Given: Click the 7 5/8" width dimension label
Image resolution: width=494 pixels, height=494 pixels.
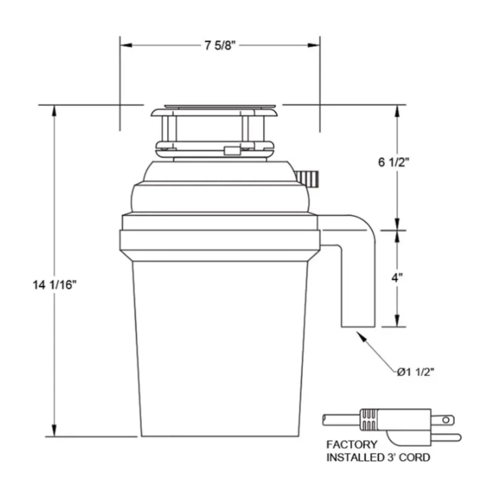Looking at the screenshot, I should (221, 45).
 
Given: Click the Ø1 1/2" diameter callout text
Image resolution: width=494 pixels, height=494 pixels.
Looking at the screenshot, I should (414, 372).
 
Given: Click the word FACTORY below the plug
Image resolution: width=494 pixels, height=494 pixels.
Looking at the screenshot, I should (352, 445).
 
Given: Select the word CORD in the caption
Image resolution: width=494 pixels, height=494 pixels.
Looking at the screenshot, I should (414, 457).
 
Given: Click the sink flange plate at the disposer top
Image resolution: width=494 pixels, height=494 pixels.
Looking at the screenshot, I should (220, 106).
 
